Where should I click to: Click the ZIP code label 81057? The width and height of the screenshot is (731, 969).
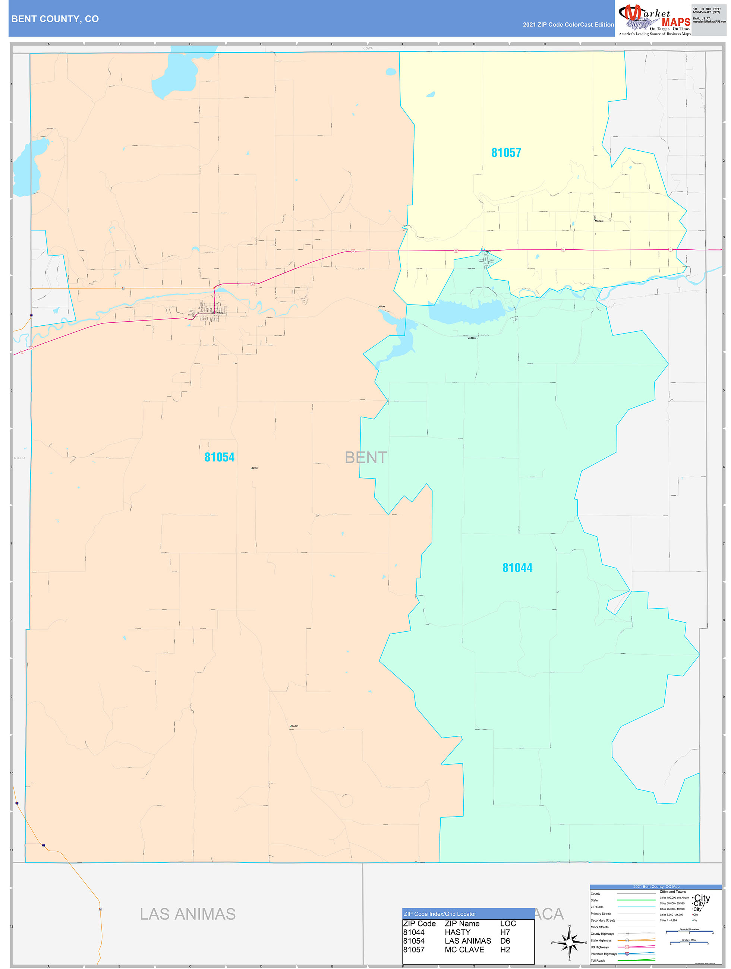(x=506, y=153)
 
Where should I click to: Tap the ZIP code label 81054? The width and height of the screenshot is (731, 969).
(x=219, y=457)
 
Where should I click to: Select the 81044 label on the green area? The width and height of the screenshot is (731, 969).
(x=517, y=568)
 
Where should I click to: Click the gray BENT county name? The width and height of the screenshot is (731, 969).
(x=365, y=457)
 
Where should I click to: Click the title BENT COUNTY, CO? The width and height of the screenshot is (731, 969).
(x=55, y=19)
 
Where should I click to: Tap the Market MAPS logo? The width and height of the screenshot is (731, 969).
(x=654, y=19)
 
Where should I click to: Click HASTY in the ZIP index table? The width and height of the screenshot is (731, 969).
(x=457, y=932)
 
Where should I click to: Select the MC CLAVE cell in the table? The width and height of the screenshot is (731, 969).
(x=464, y=950)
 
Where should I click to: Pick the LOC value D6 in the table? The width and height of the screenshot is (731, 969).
(x=505, y=941)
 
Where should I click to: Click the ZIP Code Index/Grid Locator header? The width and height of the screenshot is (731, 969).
(x=439, y=914)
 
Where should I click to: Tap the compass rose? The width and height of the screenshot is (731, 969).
(x=569, y=942)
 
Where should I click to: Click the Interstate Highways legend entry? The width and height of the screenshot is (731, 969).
(x=604, y=954)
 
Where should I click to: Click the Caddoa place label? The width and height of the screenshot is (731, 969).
(x=472, y=338)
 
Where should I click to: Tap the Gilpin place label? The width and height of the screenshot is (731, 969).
(x=255, y=468)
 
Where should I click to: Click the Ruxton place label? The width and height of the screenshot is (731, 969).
(x=294, y=726)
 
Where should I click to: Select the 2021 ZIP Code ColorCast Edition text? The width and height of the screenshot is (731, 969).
(x=568, y=25)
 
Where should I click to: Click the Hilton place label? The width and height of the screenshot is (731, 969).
(x=382, y=307)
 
